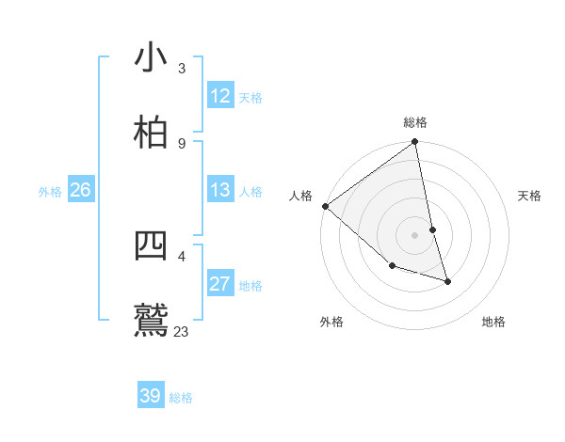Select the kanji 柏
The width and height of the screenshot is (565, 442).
tap(151, 132)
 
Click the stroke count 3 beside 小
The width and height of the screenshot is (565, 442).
tap(182, 68)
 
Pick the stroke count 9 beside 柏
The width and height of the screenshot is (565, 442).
tap(182, 143)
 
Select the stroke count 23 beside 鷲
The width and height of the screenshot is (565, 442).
tap(182, 331)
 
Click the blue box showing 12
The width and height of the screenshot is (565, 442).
tap(220, 96)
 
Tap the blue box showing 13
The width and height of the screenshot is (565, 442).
tap(220, 190)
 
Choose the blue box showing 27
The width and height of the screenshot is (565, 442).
tap(220, 284)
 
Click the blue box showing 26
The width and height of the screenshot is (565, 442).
tap(81, 190)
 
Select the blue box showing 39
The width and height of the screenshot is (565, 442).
tap(151, 396)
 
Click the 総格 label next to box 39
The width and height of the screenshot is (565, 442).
tap(182, 398)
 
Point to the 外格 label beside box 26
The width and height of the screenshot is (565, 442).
tap(50, 192)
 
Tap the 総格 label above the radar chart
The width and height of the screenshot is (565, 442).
tap(415, 122)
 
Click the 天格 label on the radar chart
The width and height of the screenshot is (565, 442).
tap(530, 196)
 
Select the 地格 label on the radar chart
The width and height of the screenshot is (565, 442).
tap(493, 322)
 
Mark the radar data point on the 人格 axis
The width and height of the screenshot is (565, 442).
tap(325, 206)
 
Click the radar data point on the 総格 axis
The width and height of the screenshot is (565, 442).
tap(415, 143)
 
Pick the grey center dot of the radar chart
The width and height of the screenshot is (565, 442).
tap(415, 235)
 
